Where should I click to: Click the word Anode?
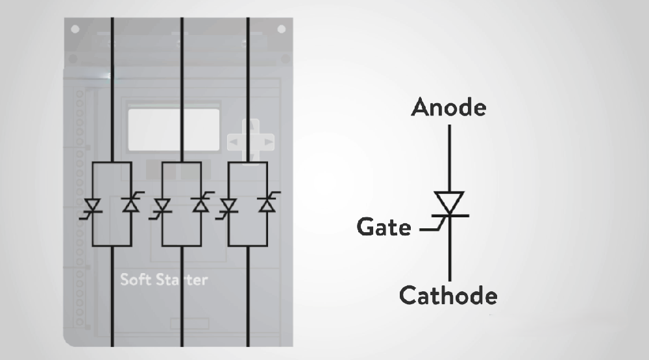coord(448,107)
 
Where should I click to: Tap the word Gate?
coord(384,227)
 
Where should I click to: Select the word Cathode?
coord(448,295)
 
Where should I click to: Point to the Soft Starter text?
coord(164,280)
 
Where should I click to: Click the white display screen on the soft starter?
coord(173,130)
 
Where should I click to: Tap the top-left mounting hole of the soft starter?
coord(75,29)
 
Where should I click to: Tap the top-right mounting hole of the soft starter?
coord(282,29)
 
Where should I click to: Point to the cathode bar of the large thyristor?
coord(450,215)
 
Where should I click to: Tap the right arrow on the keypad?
coord(269,142)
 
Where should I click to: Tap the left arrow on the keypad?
coord(234,142)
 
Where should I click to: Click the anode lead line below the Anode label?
coord(450,158)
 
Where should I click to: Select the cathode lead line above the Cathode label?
coord(450,249)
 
